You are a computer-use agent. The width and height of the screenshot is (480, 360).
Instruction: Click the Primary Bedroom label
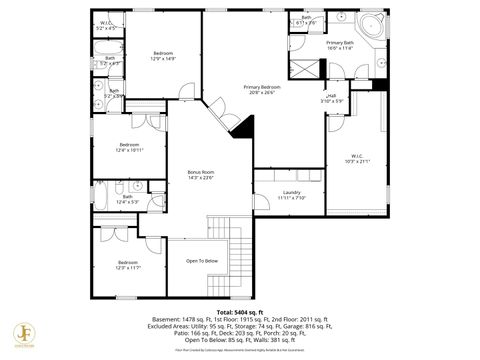pyautogui.click(x=262, y=87)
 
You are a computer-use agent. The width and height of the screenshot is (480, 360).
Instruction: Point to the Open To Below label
pyautogui.click(x=201, y=261)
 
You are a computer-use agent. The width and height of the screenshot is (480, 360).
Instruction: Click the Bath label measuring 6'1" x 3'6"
pyautogui.click(x=306, y=18)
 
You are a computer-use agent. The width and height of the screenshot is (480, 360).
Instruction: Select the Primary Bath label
pyautogui.click(x=340, y=43)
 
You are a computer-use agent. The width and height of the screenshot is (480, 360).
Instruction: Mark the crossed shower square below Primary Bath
pyautogui.click(x=306, y=67)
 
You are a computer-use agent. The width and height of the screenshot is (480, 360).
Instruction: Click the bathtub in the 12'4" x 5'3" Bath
pyautogui.click(x=103, y=194)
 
